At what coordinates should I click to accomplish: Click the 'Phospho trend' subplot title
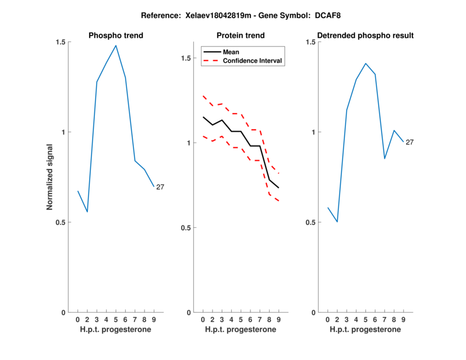point(115,36)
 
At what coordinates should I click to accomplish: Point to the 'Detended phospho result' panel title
point(365,36)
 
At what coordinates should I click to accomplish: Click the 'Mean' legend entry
point(231,52)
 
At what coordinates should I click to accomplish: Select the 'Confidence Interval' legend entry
point(252,61)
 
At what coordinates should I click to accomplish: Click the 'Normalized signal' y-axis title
point(51,177)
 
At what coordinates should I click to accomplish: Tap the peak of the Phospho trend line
point(116,45)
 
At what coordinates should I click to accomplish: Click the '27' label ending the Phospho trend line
point(160,187)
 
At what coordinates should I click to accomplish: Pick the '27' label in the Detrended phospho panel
point(409,142)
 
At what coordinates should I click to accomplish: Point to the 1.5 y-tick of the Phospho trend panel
point(61,42)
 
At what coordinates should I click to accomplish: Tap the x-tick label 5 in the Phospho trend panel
point(116,319)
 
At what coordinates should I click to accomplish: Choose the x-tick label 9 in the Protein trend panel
point(278,319)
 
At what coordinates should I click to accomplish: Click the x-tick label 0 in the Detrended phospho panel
point(327,319)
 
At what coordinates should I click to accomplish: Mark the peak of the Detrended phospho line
point(366,63)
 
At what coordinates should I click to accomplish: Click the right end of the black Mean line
point(278,188)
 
